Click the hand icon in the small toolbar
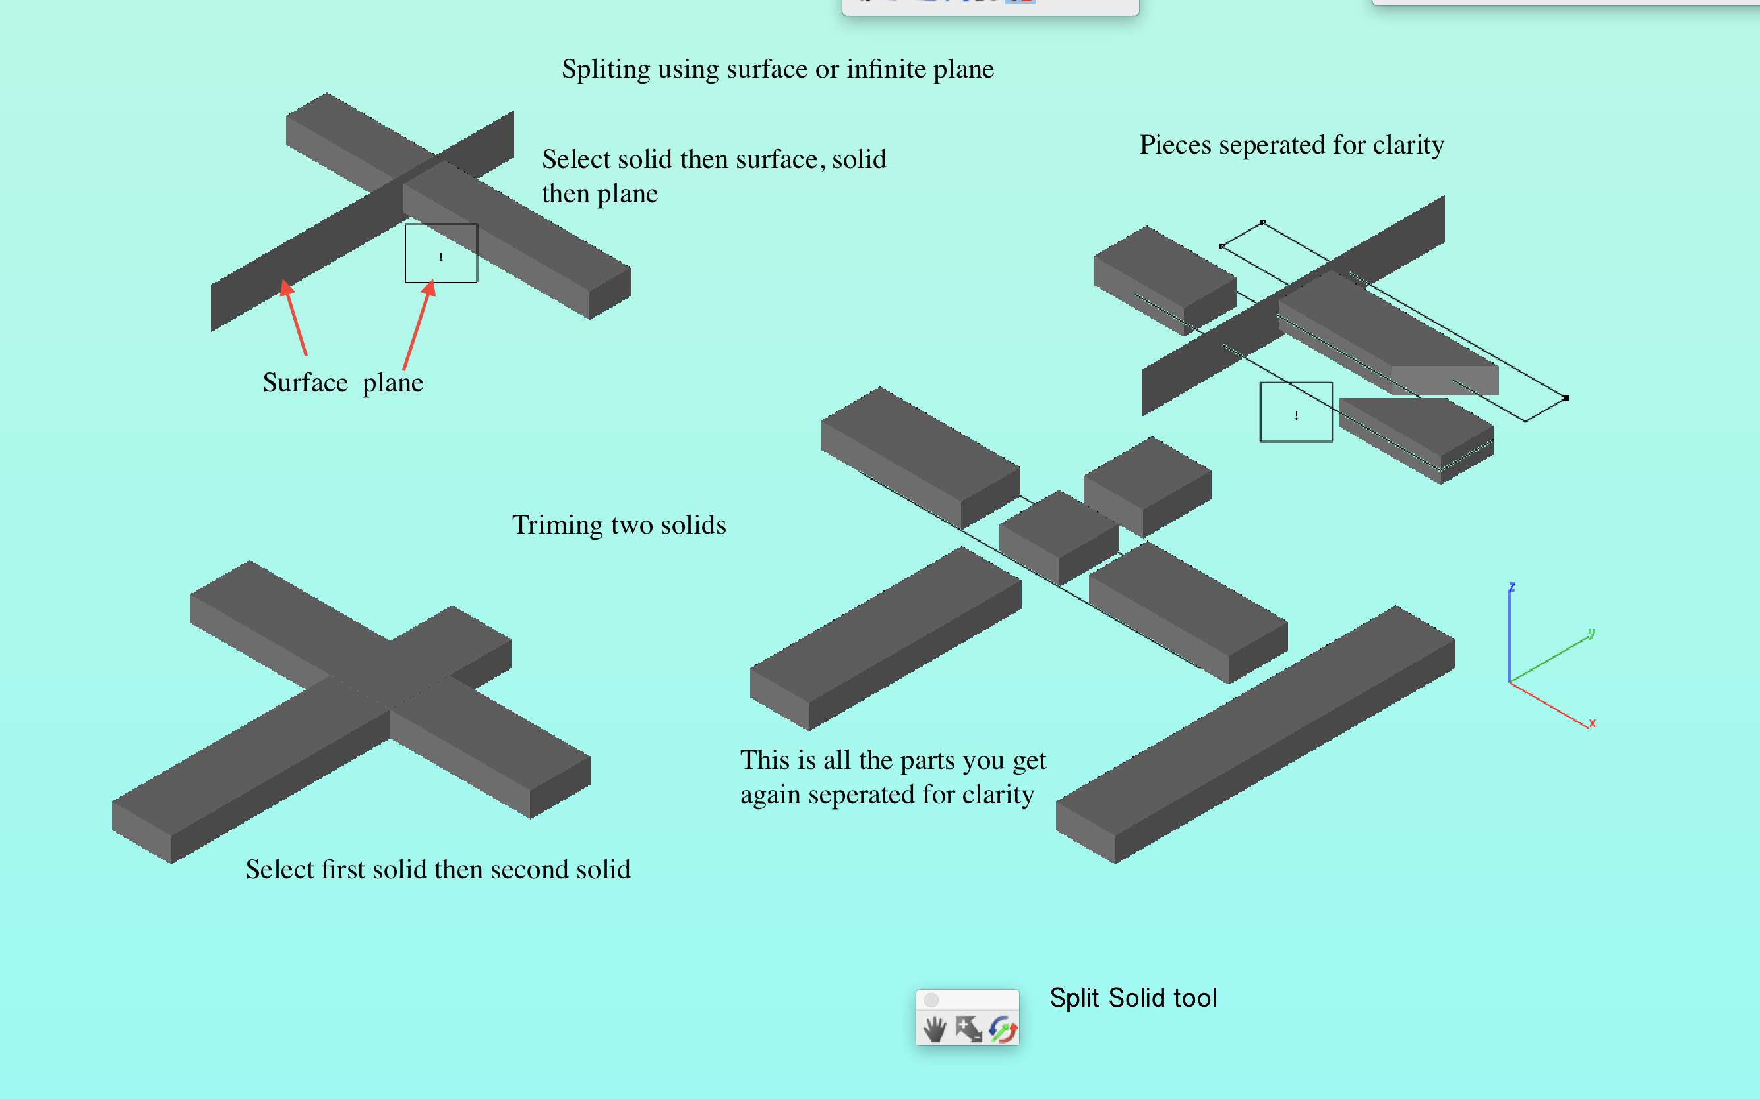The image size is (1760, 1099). (x=935, y=1029)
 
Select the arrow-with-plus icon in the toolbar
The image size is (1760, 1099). (x=968, y=1029)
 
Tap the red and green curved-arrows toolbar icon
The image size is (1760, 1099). (x=1003, y=1029)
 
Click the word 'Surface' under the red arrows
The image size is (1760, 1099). (x=305, y=383)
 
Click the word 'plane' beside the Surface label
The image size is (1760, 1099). (x=393, y=383)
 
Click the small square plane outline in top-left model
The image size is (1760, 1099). (x=441, y=253)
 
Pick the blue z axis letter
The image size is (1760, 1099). (x=1511, y=586)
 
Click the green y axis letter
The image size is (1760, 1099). (x=1591, y=633)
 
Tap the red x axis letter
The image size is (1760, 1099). (x=1592, y=723)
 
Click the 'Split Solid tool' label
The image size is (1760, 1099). (x=1132, y=998)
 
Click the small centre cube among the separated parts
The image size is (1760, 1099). (x=1059, y=536)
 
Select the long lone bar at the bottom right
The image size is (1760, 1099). (x=1256, y=734)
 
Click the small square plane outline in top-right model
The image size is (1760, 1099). (x=1296, y=412)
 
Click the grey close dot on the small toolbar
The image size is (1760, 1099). (x=931, y=1000)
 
